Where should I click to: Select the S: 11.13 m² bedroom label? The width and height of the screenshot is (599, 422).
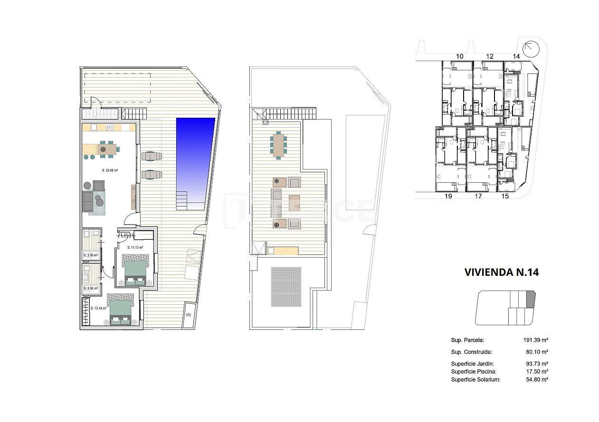pyautogui.click(x=136, y=247)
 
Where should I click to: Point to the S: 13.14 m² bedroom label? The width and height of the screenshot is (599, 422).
pyautogui.click(x=98, y=308)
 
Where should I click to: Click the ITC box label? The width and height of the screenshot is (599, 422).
pyautogui.click(x=189, y=315)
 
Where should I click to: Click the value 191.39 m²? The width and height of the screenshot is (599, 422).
pyautogui.click(x=535, y=340)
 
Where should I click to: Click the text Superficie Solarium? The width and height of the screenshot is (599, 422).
pyautogui.click(x=475, y=379)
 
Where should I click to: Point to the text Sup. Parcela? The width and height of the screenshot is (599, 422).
pyautogui.click(x=467, y=340)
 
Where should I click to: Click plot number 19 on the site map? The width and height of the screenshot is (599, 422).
pyautogui.click(x=447, y=196)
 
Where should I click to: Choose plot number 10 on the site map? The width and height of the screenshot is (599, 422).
pyautogui.click(x=459, y=56)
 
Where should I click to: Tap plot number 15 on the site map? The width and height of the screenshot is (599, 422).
pyautogui.click(x=505, y=196)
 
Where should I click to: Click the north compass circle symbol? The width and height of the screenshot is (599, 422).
pyautogui.click(x=530, y=48)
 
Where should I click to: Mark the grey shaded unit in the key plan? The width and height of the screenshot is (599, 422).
pyautogui.click(x=531, y=300)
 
